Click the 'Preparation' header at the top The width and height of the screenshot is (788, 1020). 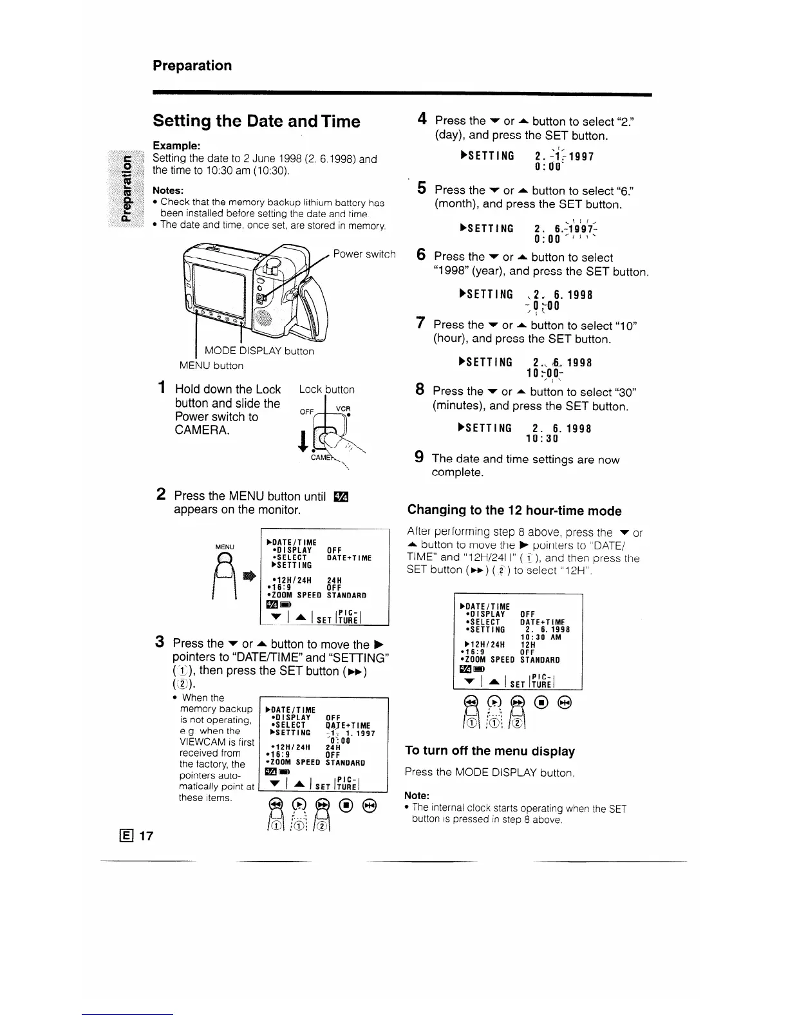pos(192,66)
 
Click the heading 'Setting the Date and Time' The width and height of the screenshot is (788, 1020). pos(256,121)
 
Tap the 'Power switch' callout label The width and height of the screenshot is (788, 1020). pos(364,254)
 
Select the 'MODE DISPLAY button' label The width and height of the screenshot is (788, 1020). pos(259,351)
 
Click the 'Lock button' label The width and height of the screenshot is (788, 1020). pos(326,390)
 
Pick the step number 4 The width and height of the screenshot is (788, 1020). pos(422,119)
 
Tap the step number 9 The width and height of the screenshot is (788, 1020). pos(419,458)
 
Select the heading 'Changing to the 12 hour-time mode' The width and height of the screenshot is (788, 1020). pos(514,511)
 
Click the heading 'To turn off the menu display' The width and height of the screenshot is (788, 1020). pos(490,751)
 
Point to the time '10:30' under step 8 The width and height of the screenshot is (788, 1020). pos(542,439)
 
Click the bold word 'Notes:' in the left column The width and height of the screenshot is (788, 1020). pos(168,191)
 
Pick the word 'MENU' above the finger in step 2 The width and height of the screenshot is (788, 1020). pos(225,547)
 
